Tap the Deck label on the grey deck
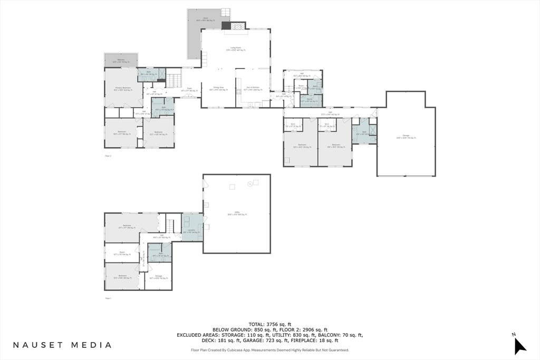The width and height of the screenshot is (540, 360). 205,18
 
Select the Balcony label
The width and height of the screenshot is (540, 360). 121,61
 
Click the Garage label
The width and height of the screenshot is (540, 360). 406,137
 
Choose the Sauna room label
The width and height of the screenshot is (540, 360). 311,100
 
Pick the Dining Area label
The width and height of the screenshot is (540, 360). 218,89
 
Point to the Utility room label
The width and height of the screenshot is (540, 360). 237,213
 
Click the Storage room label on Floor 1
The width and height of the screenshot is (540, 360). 158,277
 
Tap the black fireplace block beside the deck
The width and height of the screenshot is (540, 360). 226,26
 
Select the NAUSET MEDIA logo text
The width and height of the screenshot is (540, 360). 62,345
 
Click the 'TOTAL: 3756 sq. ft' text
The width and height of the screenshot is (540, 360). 269,324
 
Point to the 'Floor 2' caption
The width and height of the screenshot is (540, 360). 108,156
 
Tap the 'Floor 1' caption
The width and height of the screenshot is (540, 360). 108,298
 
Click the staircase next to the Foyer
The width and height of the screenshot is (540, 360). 174,81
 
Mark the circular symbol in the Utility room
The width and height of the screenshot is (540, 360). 249,183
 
